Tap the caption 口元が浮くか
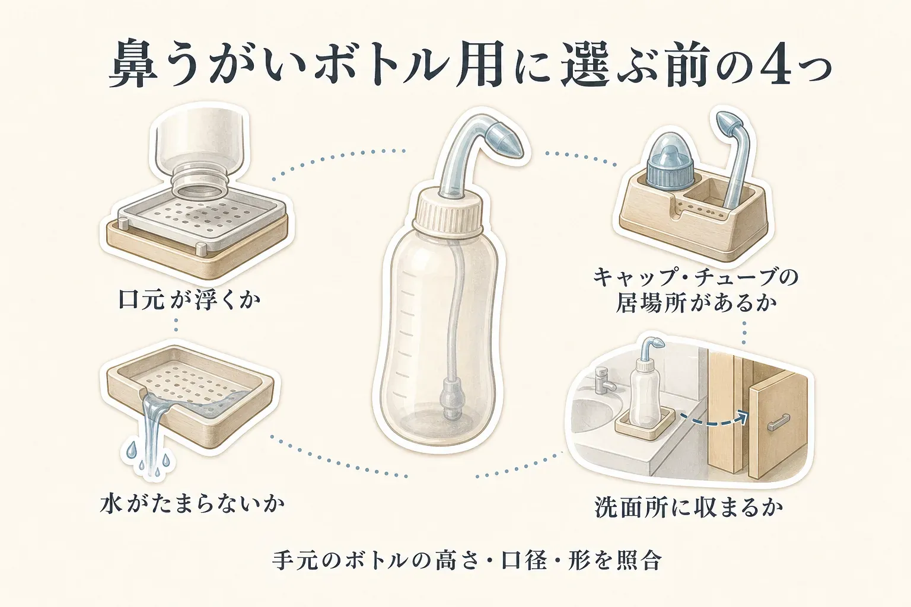coord(190,300)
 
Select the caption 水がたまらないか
coord(192,504)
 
